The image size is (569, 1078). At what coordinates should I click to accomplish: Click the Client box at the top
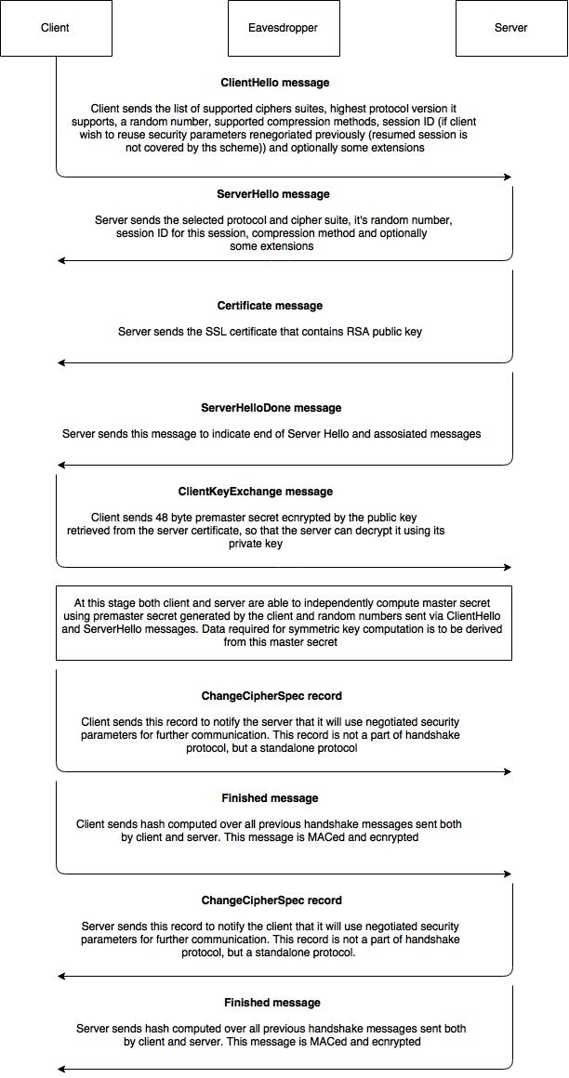point(56,28)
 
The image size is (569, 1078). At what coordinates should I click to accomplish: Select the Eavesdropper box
point(284,28)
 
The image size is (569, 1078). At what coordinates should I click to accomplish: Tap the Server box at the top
point(511,28)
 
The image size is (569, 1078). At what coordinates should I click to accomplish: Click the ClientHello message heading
point(275,83)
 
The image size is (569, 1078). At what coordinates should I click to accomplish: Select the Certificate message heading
point(270,306)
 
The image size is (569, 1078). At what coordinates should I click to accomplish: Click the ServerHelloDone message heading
point(271,408)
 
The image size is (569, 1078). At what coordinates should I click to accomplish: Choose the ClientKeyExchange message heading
point(256,492)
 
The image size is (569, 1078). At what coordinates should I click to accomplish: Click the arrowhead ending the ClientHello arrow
point(508,177)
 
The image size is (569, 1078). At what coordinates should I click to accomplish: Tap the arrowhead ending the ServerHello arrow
point(61,260)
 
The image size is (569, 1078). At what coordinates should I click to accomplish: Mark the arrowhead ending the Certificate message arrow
point(61,362)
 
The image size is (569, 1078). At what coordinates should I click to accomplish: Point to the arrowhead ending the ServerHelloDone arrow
point(61,465)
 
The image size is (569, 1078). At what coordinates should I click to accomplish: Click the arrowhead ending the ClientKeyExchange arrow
point(508,567)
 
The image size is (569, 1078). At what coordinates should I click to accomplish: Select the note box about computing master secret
point(284,623)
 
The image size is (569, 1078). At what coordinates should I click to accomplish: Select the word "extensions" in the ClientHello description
point(397,148)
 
